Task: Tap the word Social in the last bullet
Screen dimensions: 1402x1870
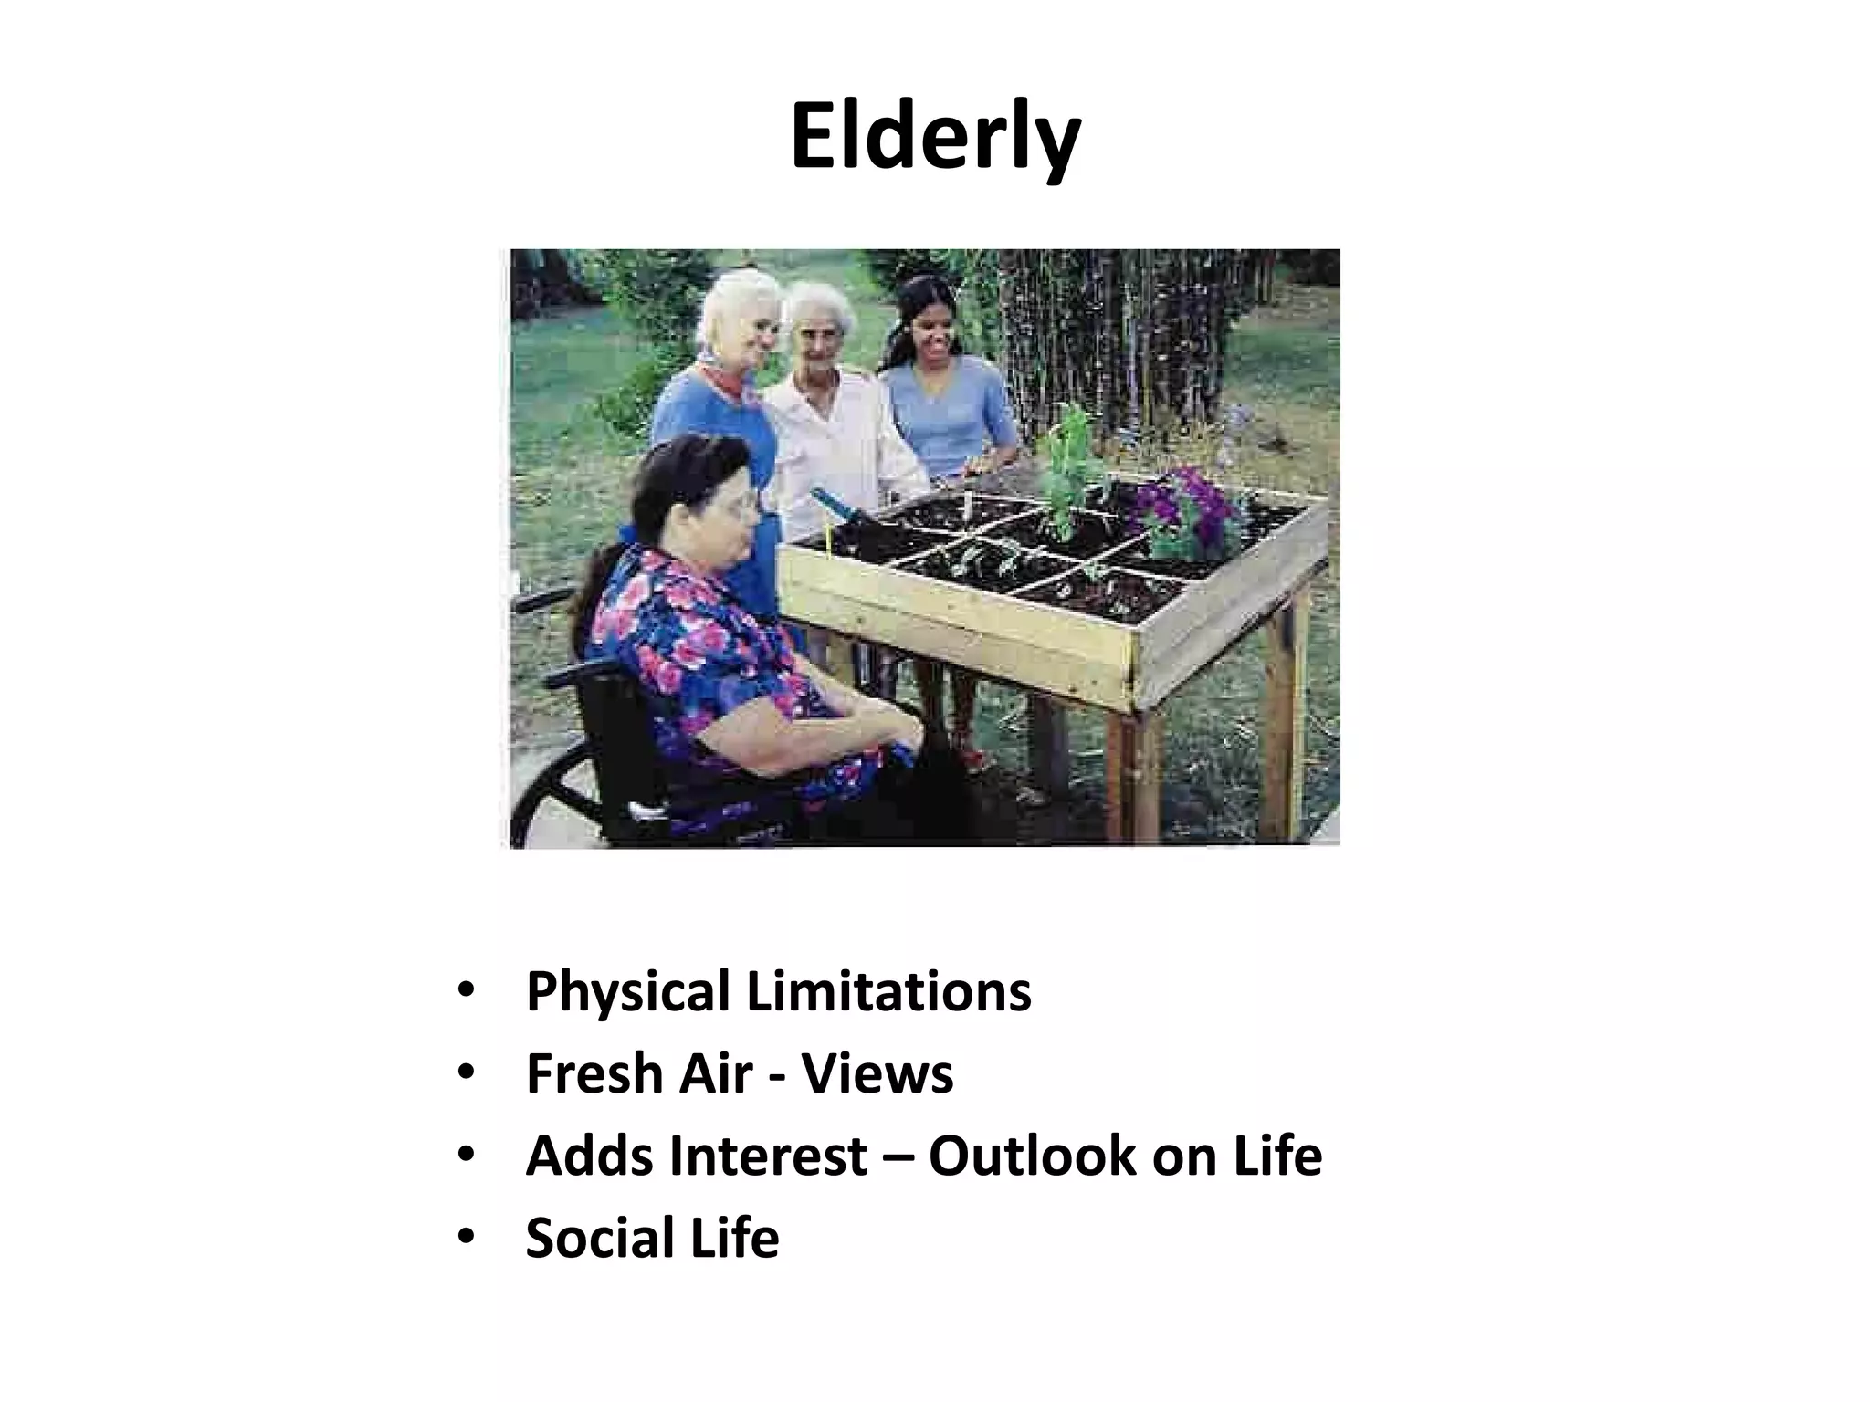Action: pyautogui.click(x=594, y=1238)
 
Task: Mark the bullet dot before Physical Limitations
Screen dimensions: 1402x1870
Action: pyautogui.click(x=467, y=991)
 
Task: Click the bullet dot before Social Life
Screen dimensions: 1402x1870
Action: pyautogui.click(x=467, y=1237)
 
